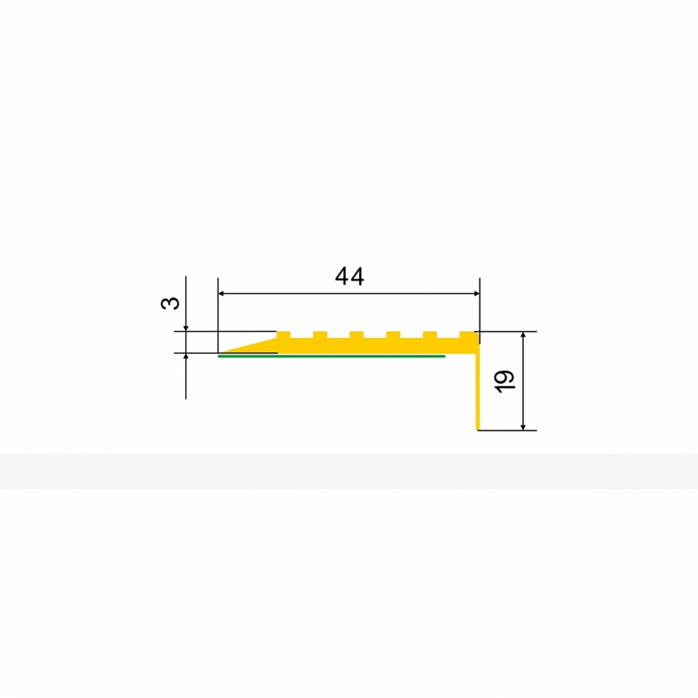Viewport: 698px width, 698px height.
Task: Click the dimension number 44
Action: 350,276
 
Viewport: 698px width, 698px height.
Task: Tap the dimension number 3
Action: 170,303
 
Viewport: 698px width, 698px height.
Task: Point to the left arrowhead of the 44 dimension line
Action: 221,294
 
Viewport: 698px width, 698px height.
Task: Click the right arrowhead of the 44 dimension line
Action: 476,294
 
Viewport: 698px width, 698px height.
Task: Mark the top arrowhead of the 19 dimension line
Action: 523,335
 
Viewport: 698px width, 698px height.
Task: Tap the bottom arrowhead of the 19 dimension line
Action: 523,427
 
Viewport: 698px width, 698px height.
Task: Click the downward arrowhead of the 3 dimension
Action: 186,328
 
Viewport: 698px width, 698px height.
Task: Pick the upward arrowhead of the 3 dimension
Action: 186,357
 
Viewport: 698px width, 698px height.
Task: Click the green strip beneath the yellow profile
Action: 332,356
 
